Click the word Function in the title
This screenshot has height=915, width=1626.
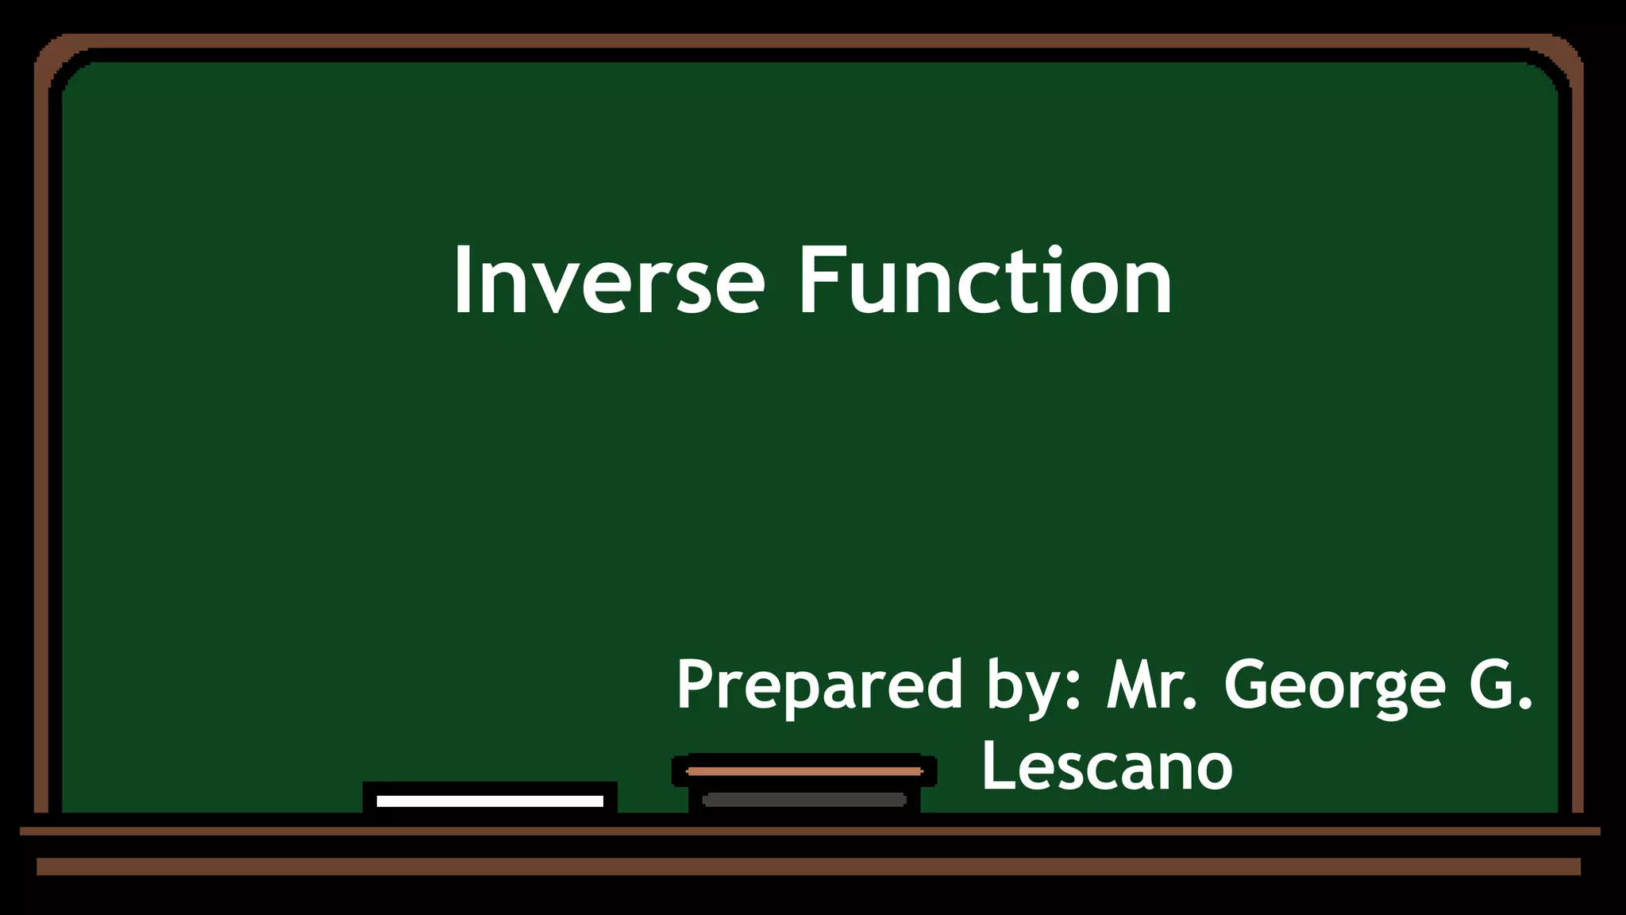pos(984,281)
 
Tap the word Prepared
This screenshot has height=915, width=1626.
pos(819,685)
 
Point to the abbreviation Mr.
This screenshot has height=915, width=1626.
pos(1152,685)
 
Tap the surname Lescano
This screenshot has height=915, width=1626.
pos(1107,766)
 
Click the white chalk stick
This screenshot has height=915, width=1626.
pos(490,801)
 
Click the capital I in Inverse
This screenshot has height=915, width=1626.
pos(460,281)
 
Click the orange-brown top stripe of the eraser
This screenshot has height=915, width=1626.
pos(804,770)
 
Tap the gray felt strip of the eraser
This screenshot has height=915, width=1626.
pos(804,800)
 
